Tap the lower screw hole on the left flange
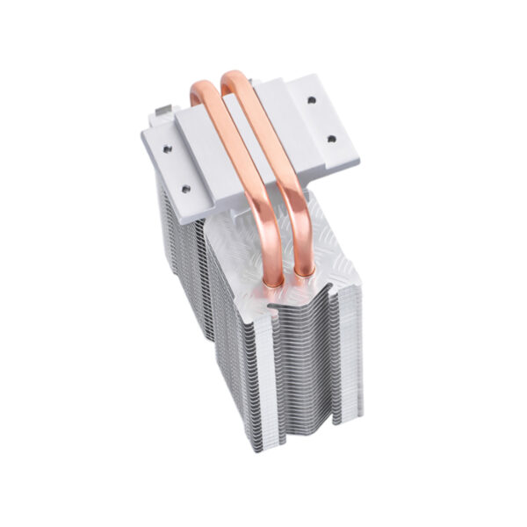pyautogui.click(x=186, y=187)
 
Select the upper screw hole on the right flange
pyautogui.click(x=312, y=100)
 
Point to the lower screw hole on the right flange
pyautogui.click(x=332, y=138)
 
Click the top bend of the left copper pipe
pyautogui.click(x=201, y=89)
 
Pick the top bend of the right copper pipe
pyautogui.click(x=234, y=78)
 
